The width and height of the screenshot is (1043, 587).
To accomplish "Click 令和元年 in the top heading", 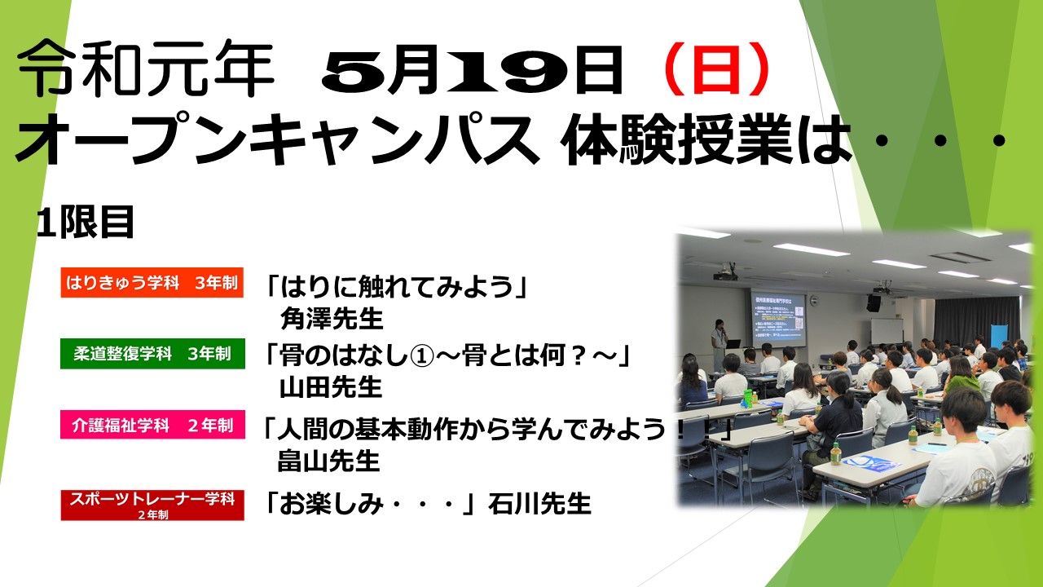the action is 145,68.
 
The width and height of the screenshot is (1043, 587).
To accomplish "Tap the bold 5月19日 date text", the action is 472,70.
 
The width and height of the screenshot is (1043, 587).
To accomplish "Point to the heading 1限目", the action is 86,222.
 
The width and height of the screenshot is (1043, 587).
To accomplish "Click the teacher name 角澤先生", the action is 332,319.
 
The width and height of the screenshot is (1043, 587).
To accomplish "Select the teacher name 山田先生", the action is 331,387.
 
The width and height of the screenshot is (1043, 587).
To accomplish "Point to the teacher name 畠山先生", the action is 328,461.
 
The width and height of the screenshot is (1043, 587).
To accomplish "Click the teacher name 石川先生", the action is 539,504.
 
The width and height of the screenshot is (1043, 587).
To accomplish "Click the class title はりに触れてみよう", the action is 397,286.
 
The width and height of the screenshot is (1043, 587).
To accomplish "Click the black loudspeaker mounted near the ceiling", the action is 873,303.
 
